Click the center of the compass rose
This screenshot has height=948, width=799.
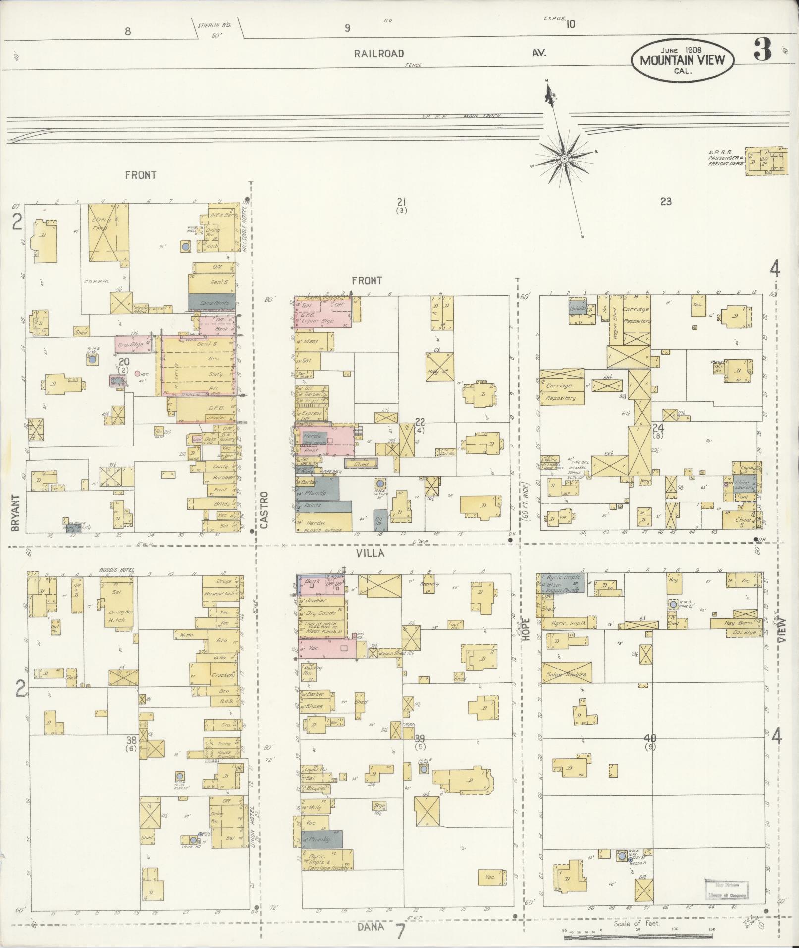coord(564,158)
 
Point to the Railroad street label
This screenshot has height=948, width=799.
coord(379,54)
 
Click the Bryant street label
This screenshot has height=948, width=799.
coord(15,512)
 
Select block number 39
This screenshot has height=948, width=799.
coord(420,738)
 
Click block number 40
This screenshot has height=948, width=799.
coord(650,738)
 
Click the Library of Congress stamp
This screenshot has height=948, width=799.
coord(727,890)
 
